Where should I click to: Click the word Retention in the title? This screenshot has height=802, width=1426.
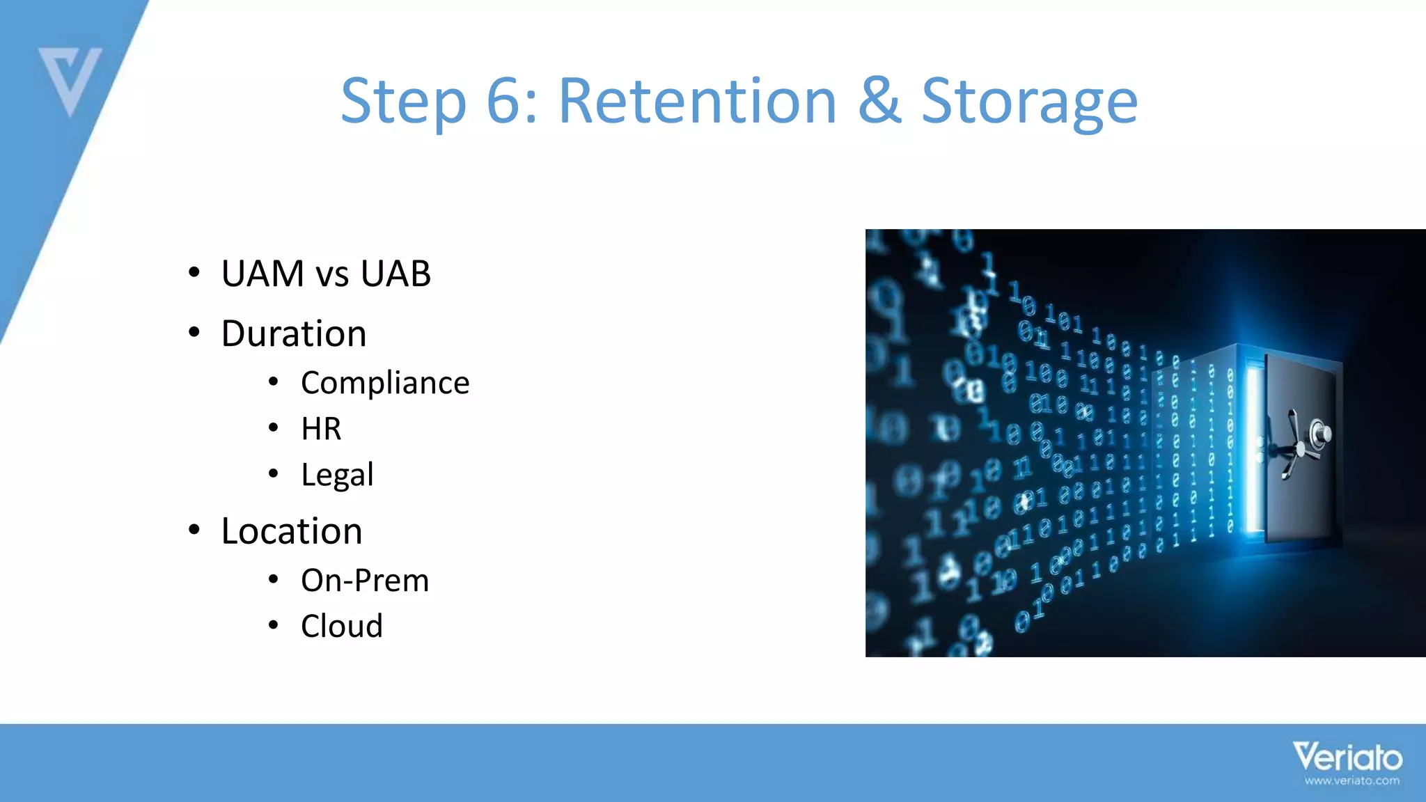click(697, 102)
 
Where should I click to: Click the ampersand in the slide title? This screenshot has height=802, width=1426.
click(879, 102)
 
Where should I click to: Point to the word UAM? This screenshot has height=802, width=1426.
click(263, 273)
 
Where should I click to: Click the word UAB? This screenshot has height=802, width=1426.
click(395, 273)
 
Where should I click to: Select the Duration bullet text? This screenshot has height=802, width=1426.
click(293, 333)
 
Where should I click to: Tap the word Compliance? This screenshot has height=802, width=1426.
click(385, 383)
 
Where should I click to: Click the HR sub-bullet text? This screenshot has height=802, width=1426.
click(321, 429)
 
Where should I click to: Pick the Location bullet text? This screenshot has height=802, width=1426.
click(291, 531)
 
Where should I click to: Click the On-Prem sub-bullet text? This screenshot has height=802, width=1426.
click(365, 581)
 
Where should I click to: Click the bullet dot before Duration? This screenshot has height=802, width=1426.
click(194, 333)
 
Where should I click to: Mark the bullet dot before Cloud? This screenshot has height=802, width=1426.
click(274, 625)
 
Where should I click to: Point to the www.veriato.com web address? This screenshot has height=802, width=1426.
click(1351, 781)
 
